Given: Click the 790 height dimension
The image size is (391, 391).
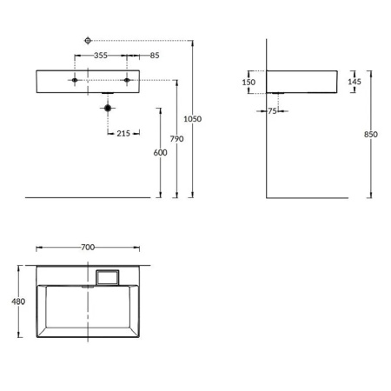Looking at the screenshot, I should (x=177, y=139).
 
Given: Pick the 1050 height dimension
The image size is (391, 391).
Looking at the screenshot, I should (x=197, y=119).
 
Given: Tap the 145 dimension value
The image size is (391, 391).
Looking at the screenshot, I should (x=355, y=81).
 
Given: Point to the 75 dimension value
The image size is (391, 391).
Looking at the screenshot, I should (x=272, y=110).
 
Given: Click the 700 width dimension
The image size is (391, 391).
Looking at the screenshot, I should (x=87, y=247).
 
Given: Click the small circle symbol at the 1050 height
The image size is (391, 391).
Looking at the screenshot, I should (x=87, y=40).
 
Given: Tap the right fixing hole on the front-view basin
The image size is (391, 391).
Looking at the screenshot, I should (x=127, y=81).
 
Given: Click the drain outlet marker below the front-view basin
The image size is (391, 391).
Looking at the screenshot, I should (x=108, y=109).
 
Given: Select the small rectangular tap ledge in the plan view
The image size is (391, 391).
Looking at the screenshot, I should (x=107, y=277).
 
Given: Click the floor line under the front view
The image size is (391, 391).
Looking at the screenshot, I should (x=87, y=197).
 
